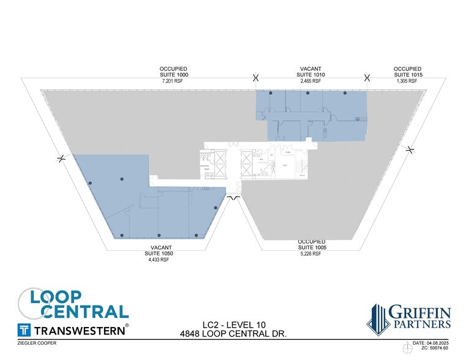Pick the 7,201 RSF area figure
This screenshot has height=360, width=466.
point(175,81)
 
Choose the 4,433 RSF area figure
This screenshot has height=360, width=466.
point(157,260)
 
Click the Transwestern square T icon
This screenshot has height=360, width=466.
point(25,329)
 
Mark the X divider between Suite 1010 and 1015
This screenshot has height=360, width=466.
point(367,77)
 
